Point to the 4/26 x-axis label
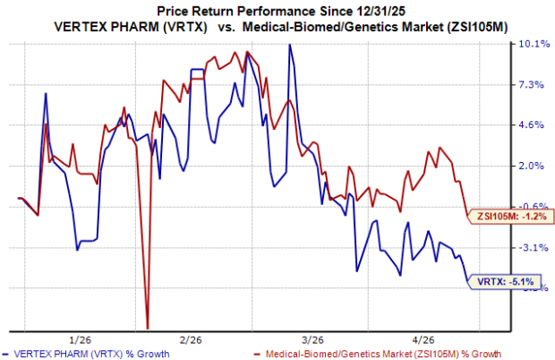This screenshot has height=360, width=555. [x=423, y=339]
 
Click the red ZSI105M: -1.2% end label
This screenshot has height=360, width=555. [x=506, y=216]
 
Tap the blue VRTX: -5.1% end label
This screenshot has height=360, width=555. [x=506, y=282]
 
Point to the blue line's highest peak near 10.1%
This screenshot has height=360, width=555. [x=289, y=46]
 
